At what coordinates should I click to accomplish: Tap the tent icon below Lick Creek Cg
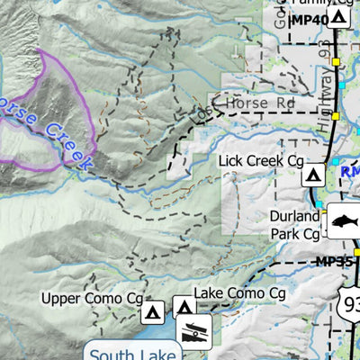313,175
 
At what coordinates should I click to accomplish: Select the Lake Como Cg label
240,294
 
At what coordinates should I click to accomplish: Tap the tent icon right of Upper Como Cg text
153,312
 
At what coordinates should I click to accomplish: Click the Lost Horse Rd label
243,104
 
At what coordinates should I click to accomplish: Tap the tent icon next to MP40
338,17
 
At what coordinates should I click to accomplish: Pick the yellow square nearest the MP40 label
336,62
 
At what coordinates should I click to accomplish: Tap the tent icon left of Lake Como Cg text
184,306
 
